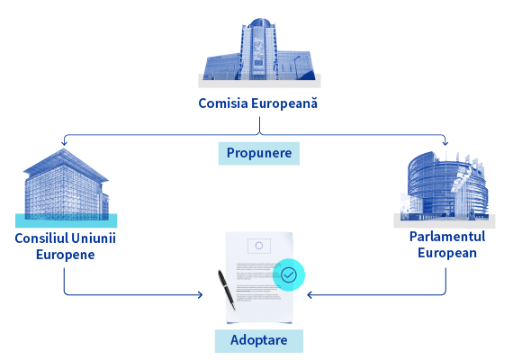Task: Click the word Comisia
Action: tap(223, 103)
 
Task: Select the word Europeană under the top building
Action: tap(284, 103)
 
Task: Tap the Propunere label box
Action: tap(259, 153)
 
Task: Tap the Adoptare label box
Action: tap(259, 341)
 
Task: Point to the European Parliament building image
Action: tap(445, 186)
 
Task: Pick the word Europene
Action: tap(66, 255)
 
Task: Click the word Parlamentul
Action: tap(447, 237)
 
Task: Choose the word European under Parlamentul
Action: tap(447, 253)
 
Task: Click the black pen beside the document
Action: tap(227, 290)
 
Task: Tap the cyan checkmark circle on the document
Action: tap(289, 274)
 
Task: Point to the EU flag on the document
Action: tap(259, 246)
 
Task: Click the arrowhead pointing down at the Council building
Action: tap(64, 143)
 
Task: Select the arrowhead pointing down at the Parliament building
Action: tap(445, 143)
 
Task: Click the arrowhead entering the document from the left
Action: tap(200, 295)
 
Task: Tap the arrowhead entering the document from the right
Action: tap(310, 295)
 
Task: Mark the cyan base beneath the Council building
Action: tap(66, 220)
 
